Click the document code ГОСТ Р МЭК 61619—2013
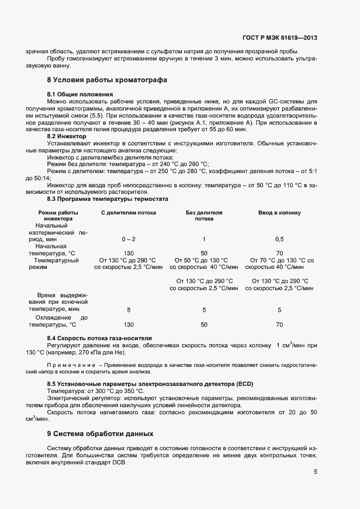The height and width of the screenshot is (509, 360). point(279,38)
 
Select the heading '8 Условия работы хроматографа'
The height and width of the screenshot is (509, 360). point(107,80)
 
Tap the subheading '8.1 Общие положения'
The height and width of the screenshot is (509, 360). point(80,94)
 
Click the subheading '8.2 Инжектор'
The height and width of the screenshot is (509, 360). point(70,136)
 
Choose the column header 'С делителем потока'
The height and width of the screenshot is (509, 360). point(129,212)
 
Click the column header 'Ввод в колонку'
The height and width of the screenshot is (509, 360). point(279,212)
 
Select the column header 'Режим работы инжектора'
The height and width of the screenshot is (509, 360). point(58,215)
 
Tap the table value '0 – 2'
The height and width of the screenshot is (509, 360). point(129,239)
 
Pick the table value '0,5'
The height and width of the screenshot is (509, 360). point(279,239)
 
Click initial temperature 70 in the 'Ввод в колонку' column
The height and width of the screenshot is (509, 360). point(279,253)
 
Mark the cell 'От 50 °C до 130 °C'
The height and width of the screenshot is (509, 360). point(204,260)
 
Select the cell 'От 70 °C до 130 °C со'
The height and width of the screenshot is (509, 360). point(282,260)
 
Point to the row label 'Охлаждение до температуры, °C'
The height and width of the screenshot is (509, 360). point(57,321)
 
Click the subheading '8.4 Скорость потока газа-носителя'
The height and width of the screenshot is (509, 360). point(99,339)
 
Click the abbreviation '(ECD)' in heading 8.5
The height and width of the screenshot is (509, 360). point(245,384)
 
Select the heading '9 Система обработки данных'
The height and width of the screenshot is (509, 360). point(100,434)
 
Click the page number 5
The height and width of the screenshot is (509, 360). point(315,472)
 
